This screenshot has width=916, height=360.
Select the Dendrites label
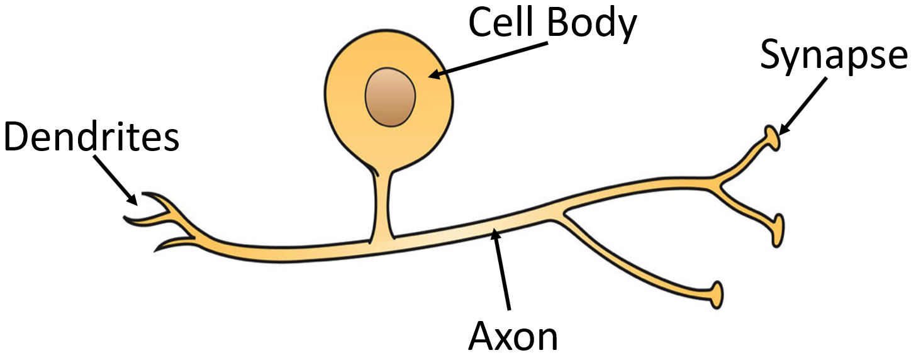point(91,137)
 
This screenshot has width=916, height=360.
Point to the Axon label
point(513,337)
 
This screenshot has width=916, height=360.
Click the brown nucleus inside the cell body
point(390,98)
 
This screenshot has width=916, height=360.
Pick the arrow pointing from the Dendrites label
point(117,179)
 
